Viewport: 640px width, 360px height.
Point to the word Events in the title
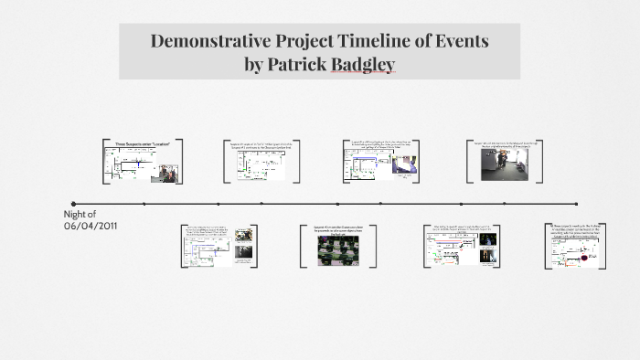[x=460, y=41]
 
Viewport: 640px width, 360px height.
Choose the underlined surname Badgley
[x=362, y=66]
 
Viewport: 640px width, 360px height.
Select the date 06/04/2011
[x=91, y=225]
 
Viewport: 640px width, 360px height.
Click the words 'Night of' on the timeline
[x=81, y=213]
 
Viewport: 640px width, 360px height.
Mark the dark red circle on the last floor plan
[x=578, y=258]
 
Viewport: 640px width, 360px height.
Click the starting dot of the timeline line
[x=74, y=204]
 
